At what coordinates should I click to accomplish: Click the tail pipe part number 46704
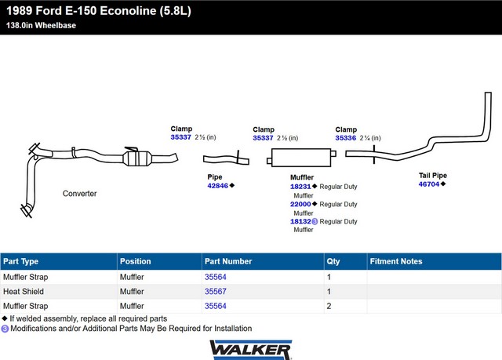tap(429, 184)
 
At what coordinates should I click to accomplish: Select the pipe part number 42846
tap(218, 186)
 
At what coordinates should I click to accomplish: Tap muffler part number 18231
tap(300, 187)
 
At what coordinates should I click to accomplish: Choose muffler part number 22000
tap(300, 204)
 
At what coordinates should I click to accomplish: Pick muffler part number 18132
tap(300, 221)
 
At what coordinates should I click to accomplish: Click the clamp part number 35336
tap(345, 138)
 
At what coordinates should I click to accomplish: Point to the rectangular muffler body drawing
tap(301, 158)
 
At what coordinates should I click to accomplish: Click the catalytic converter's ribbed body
tap(137, 158)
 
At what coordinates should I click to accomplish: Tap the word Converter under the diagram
tap(80, 194)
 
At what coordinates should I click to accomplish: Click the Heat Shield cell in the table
tap(24, 292)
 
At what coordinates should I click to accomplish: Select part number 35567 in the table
tap(216, 292)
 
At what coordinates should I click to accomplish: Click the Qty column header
tap(333, 261)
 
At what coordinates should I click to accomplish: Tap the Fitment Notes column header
tap(396, 261)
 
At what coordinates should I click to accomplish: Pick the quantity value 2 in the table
tap(329, 306)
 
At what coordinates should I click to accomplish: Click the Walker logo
tap(251, 350)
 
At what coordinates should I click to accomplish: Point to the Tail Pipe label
tap(433, 176)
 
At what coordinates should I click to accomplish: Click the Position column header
tap(136, 261)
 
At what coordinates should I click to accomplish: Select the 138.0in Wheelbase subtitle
tap(41, 25)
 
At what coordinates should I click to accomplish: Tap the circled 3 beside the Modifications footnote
tap(5, 329)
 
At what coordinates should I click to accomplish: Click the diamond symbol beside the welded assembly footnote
tap(5, 318)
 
